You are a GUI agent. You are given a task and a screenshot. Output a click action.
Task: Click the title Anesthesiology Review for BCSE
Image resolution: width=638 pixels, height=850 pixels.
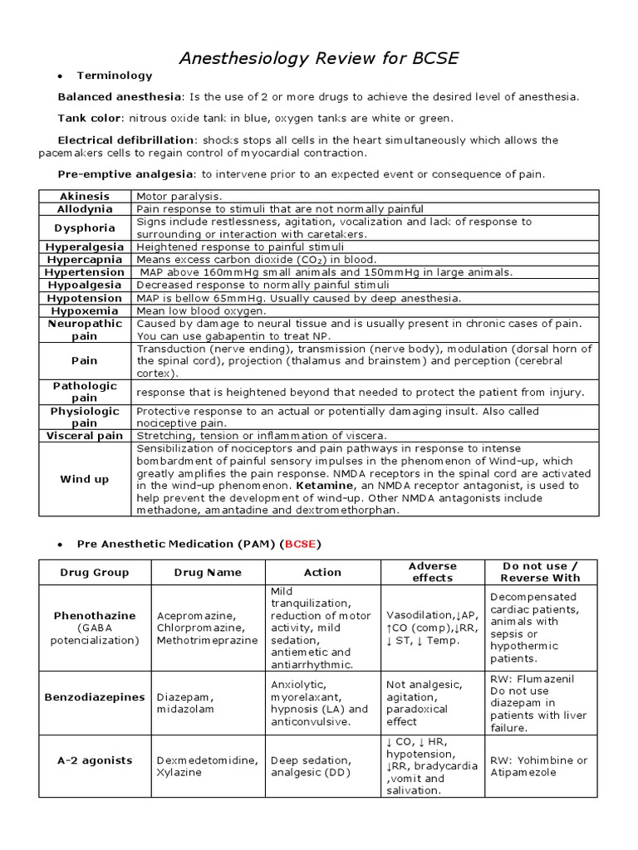320,58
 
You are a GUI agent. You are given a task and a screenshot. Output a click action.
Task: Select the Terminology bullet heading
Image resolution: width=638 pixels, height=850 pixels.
115,76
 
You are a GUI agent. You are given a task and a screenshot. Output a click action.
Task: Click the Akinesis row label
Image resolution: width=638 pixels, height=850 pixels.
85,196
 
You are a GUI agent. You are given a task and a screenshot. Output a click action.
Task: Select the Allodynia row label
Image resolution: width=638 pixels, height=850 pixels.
85,209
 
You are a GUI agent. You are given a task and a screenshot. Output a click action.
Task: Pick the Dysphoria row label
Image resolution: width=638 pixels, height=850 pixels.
85,227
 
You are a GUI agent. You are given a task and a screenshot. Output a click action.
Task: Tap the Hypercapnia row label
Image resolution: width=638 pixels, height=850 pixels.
85,259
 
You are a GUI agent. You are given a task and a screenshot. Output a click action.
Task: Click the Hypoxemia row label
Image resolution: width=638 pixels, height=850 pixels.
85,310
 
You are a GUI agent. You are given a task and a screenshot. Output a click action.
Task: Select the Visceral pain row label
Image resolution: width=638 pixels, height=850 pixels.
85,436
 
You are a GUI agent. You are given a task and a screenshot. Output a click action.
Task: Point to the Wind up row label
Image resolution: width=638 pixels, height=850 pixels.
85,479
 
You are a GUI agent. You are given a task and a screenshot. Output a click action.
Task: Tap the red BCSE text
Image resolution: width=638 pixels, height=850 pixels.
301,544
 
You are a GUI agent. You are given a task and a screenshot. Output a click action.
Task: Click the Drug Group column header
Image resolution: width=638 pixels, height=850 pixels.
95,572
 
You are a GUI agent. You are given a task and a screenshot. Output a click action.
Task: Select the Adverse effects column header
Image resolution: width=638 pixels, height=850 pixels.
433,572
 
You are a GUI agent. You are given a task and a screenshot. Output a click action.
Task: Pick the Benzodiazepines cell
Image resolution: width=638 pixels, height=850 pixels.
95,697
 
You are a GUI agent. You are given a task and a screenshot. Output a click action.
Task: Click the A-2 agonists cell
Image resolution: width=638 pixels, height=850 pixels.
95,760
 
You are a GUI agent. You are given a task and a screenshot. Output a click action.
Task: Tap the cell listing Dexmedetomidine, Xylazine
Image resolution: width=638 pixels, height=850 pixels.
208,766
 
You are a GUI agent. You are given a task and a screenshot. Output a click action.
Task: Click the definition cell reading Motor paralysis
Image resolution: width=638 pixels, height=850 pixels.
175,196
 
